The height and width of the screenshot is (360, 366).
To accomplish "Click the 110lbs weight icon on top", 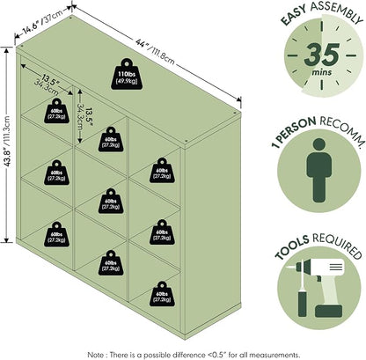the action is [127, 74].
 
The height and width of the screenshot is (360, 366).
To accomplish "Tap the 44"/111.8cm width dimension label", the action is [155, 52].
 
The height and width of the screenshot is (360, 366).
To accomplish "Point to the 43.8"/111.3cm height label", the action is [7, 141].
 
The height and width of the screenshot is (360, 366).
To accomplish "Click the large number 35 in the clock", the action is [322, 55].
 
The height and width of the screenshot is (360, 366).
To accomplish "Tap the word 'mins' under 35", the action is [322, 72].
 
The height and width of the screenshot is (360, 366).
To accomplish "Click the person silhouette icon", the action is [319, 170].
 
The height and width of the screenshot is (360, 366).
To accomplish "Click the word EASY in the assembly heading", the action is [293, 15].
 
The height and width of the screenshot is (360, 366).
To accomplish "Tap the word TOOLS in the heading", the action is [292, 247].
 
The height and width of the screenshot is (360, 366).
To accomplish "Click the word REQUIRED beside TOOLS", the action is [337, 246].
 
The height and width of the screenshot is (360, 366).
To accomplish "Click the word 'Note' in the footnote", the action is [95, 355].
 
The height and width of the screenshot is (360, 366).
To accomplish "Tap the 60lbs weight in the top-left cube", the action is [56, 111].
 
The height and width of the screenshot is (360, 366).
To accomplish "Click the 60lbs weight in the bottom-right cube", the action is [162, 294].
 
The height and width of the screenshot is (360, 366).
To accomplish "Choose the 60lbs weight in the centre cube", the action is [111, 201].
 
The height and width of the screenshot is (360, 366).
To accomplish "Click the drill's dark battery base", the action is [328, 311].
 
